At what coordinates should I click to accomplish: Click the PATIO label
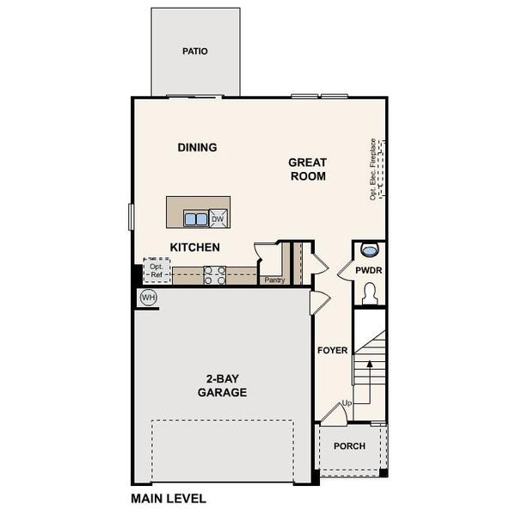pyautogui.click(x=195, y=51)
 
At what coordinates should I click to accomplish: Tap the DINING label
pyautogui.click(x=197, y=147)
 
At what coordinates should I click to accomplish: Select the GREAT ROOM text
pyautogui.click(x=307, y=169)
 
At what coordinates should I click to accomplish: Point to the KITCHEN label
pyautogui.click(x=194, y=248)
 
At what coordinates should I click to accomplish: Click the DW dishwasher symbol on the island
pyautogui.click(x=218, y=218)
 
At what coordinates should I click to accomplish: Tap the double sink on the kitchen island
pyautogui.click(x=195, y=219)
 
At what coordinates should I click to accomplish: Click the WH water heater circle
pyautogui.click(x=148, y=298)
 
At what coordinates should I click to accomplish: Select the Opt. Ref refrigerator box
pyautogui.click(x=157, y=272)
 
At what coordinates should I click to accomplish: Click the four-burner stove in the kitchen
pyautogui.click(x=215, y=274)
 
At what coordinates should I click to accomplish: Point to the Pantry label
pyautogui.click(x=274, y=279)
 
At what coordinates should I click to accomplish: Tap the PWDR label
pyautogui.click(x=369, y=271)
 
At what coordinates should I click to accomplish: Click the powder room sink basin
pyautogui.click(x=370, y=249)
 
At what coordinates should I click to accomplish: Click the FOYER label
pyautogui.click(x=332, y=351)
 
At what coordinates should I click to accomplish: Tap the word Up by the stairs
pyautogui.click(x=347, y=402)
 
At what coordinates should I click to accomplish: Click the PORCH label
pyautogui.click(x=350, y=446)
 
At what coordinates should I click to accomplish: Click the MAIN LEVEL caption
pyautogui.click(x=169, y=497)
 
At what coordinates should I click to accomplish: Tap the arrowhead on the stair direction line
pyautogui.click(x=370, y=365)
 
